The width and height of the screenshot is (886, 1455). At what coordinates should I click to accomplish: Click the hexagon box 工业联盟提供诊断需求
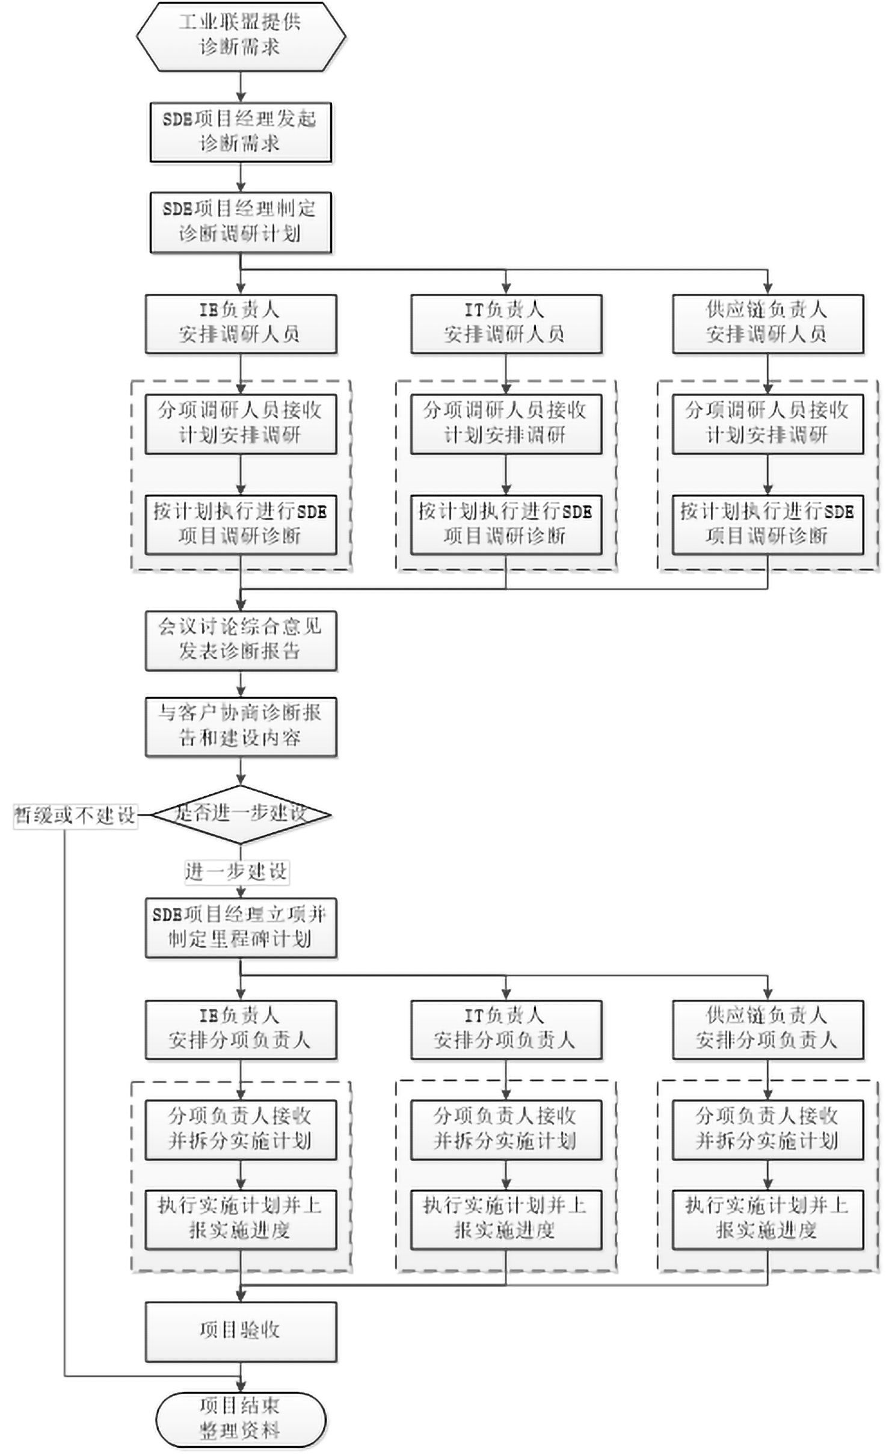[x=241, y=36]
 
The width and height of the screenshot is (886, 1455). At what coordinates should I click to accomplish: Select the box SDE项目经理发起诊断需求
[x=241, y=132]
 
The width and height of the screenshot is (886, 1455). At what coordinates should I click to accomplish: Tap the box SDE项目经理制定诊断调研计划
[x=241, y=221]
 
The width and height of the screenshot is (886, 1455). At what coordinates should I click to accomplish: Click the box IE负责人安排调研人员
[x=241, y=323]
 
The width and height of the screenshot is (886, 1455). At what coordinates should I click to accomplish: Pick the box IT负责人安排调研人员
[x=506, y=323]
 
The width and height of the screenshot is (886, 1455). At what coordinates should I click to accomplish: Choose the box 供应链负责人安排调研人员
[x=768, y=323]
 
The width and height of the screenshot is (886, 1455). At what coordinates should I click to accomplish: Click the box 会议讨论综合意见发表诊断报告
[x=241, y=640]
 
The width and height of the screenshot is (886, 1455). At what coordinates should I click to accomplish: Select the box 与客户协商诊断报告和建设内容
[x=241, y=726]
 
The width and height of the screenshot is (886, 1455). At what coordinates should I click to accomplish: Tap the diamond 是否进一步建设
[x=241, y=814]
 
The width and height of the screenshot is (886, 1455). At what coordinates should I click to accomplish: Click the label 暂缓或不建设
[x=75, y=816]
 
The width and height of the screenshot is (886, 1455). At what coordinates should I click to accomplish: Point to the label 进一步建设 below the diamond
[x=236, y=871]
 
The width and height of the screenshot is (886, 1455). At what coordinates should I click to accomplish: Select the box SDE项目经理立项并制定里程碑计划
[x=241, y=928]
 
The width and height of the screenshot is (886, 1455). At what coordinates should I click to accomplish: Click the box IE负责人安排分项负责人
[x=241, y=1029]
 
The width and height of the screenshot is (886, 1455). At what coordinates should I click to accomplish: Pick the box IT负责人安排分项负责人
[x=506, y=1029]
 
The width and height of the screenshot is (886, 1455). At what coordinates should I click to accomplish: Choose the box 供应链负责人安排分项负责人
[x=768, y=1029]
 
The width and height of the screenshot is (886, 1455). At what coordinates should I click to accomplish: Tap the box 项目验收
[x=241, y=1332]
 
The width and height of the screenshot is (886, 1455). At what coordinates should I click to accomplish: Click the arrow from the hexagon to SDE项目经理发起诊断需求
[x=241, y=87]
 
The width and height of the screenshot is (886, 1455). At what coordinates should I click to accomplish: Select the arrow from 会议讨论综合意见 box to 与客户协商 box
[x=241, y=684]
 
